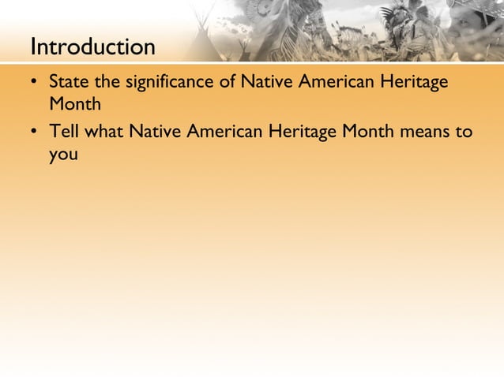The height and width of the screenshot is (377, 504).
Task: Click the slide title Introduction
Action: point(92,47)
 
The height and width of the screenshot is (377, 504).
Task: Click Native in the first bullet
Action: point(265,82)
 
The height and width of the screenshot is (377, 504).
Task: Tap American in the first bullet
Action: point(331,82)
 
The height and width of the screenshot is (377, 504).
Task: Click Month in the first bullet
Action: point(74,105)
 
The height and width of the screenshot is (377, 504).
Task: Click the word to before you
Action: point(464,131)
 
